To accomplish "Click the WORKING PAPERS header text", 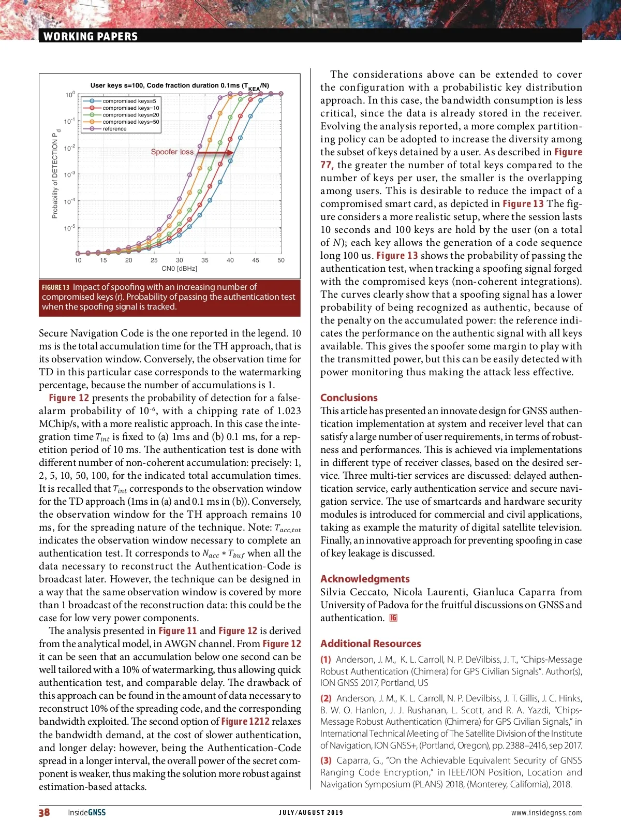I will (91, 36).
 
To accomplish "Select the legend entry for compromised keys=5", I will (129, 101).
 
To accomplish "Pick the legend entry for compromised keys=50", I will (130, 122).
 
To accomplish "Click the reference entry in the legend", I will (114, 129).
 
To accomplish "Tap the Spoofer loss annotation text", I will (172, 152).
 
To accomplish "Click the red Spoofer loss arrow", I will (215, 153).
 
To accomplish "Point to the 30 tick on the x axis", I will (180, 260).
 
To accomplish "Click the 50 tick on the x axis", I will (281, 260).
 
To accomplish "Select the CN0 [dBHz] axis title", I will (179, 269).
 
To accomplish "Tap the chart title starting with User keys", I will (179, 86).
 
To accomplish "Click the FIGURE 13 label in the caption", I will (55, 287).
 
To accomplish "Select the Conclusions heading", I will (349, 398).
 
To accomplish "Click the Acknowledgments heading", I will (365, 579).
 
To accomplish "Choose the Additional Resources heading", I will (371, 643).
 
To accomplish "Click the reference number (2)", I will (326, 698).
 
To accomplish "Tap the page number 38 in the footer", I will (45, 812).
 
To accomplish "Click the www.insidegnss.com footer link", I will (546, 813).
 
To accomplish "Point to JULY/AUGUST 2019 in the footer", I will (310, 813).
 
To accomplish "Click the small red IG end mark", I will (393, 618).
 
